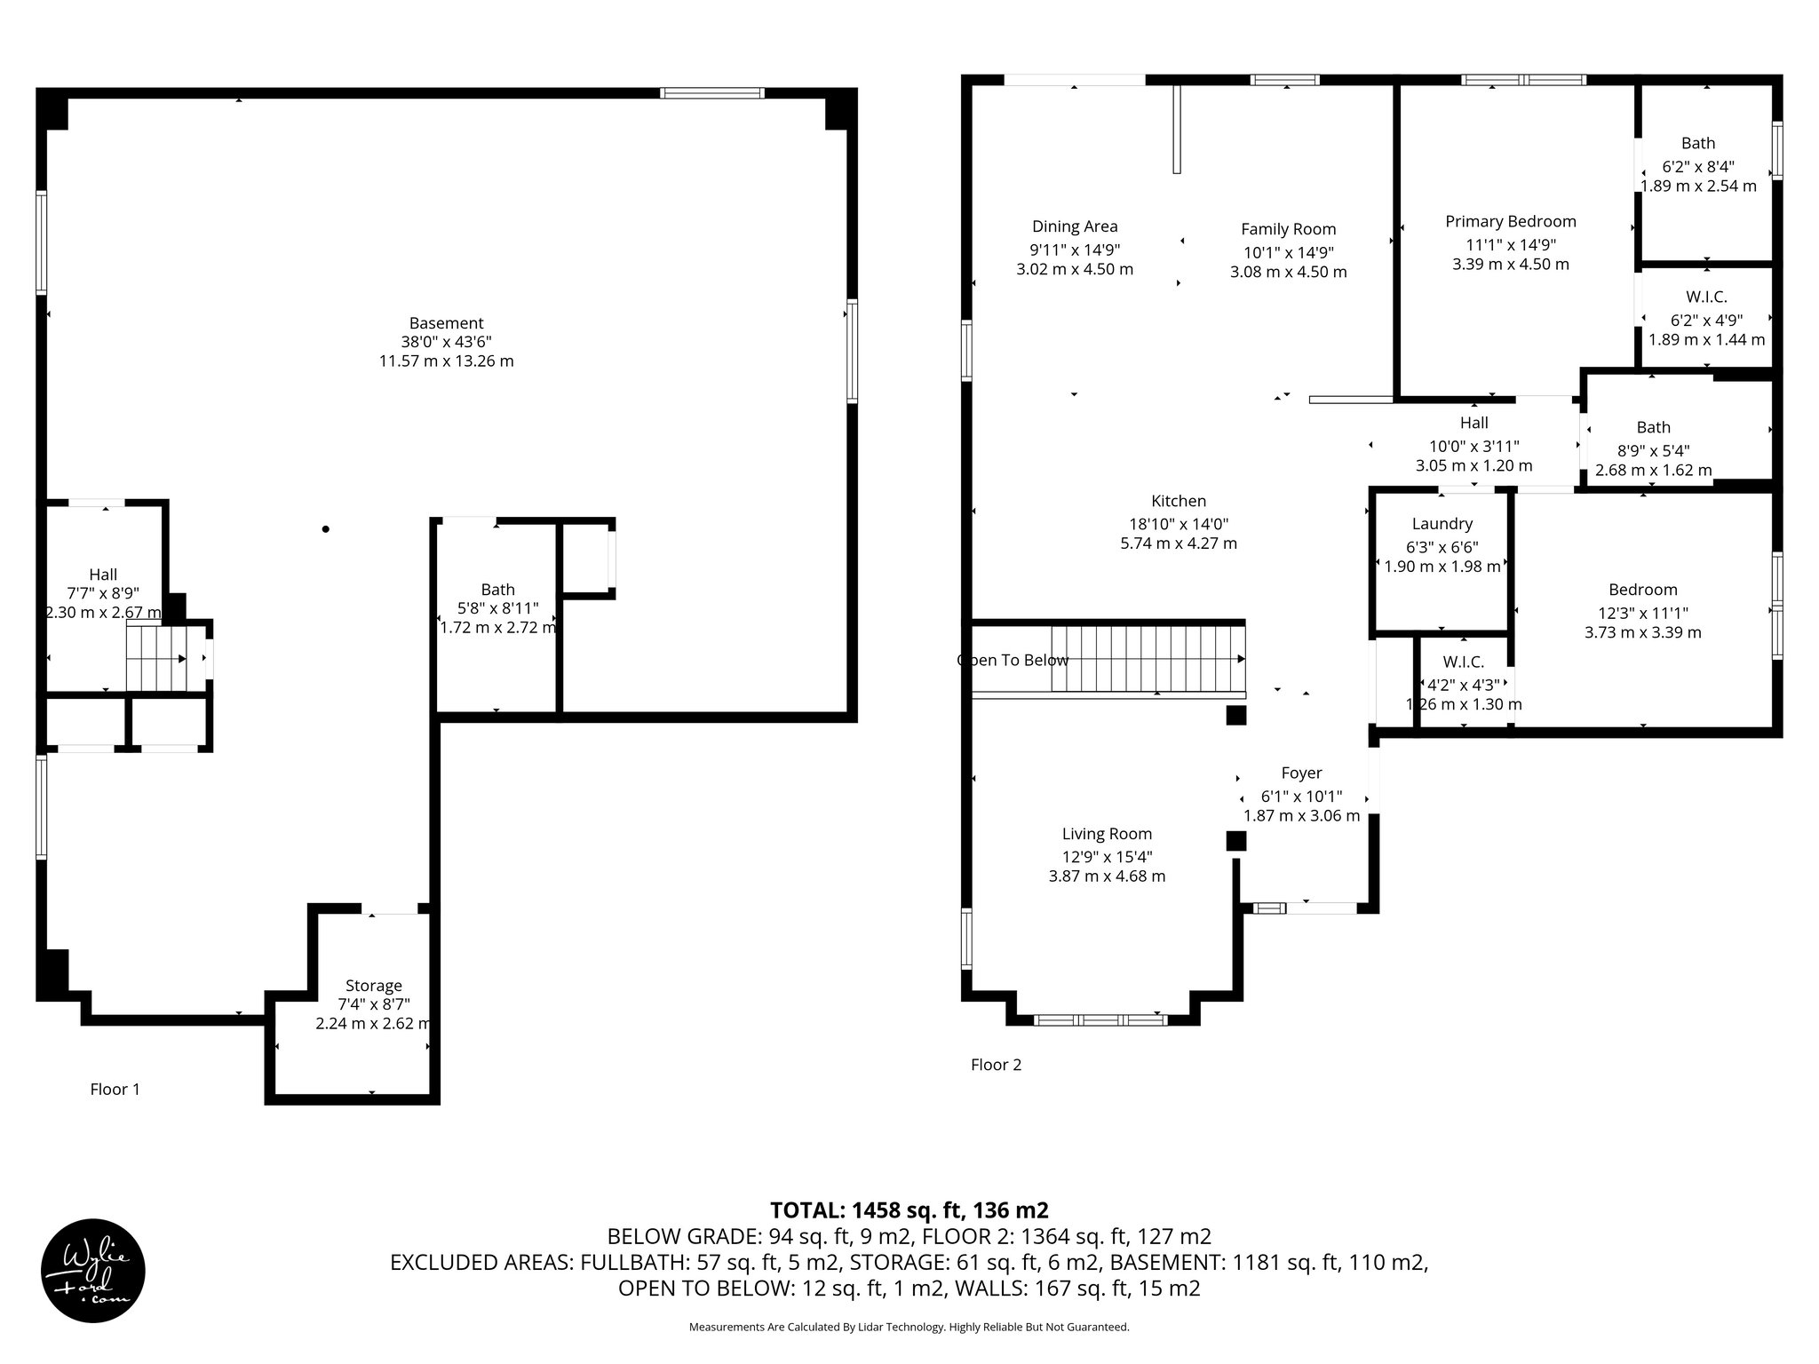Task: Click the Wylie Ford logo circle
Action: click(x=93, y=1270)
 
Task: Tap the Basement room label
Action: click(x=446, y=323)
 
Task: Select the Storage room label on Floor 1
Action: click(x=373, y=986)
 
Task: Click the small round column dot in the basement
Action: click(x=326, y=529)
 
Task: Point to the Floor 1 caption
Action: click(x=115, y=1089)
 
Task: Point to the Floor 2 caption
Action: click(x=996, y=1064)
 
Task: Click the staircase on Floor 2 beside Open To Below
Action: click(x=1148, y=658)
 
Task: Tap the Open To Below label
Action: click(x=1013, y=660)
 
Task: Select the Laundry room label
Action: click(x=1442, y=524)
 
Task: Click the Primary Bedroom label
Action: click(x=1510, y=221)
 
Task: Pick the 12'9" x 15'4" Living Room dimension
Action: click(x=1107, y=856)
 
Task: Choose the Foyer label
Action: click(x=1301, y=773)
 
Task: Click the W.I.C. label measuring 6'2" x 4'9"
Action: click(x=1706, y=297)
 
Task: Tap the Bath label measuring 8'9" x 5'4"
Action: click(x=1653, y=427)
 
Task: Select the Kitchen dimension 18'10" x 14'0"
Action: click(x=1179, y=524)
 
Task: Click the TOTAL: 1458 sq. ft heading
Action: click(x=909, y=1209)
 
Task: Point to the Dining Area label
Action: click(x=1075, y=226)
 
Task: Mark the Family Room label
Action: click(x=1288, y=229)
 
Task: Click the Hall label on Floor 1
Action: click(x=103, y=575)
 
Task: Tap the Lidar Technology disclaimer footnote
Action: click(x=909, y=1327)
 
